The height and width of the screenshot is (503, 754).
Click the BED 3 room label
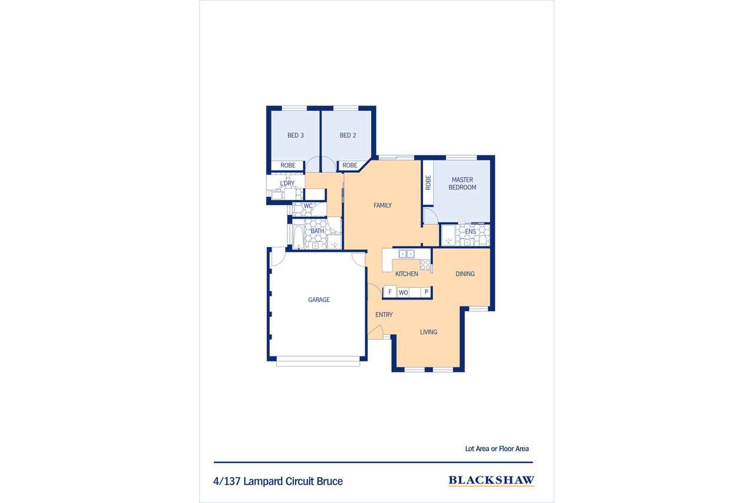pos(296,136)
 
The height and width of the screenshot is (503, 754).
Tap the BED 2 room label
pos(348,136)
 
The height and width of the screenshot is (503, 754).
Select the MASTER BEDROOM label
pos(462,183)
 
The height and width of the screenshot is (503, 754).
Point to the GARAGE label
pos(319,300)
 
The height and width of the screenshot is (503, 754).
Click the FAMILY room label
pos(382,205)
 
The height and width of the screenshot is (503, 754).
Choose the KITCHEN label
pos(406,274)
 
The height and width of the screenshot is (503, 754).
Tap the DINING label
pos(465,274)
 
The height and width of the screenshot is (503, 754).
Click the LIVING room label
pos(428,332)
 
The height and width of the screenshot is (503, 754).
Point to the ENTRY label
pos(383,315)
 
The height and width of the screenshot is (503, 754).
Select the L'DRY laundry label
pos(287,183)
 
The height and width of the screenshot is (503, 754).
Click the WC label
pos(308,206)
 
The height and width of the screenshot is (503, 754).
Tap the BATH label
pos(317,231)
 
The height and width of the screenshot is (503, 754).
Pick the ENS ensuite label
pos(470,232)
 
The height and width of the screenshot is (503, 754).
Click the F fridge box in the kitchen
pos(390,291)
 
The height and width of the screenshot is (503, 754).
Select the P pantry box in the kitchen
pos(426,292)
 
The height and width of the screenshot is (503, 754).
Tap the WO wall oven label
pos(404,292)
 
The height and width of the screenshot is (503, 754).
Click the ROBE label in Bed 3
pos(288,166)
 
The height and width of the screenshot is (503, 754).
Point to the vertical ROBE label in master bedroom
pos(428,183)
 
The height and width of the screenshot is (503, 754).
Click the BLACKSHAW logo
pos(491,481)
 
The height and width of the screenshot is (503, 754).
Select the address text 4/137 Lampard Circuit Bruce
pos(277,481)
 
